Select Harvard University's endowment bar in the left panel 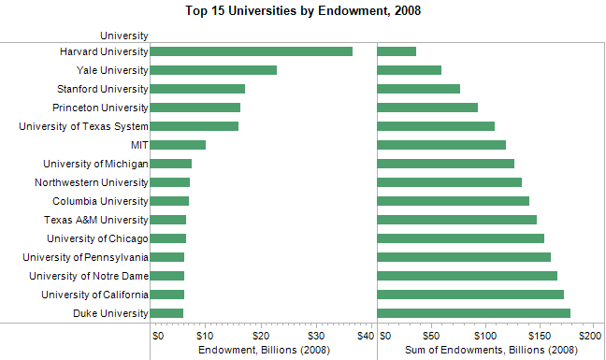[x=251, y=51]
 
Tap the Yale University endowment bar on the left [x=213, y=70]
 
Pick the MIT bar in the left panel [x=178, y=145]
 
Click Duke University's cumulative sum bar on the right [x=473, y=313]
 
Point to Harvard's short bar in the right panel [x=397, y=51]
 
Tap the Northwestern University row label [x=92, y=182]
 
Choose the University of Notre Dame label [x=89, y=276]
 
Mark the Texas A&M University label [x=96, y=220]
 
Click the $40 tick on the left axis [x=366, y=335]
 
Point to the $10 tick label [x=207, y=335]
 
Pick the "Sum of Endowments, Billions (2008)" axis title [x=491, y=350]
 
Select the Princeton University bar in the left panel [x=195, y=108]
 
